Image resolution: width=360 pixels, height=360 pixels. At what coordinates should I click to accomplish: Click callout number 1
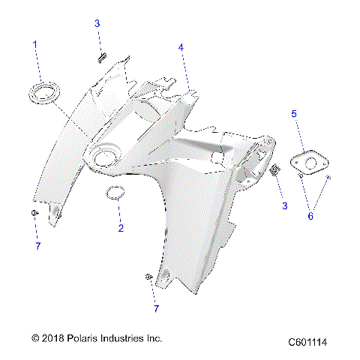34,45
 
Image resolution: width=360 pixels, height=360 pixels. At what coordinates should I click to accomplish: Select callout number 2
120,228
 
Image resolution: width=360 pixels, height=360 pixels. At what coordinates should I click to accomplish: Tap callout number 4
181,46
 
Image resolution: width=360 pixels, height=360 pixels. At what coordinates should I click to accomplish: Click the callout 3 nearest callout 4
97,25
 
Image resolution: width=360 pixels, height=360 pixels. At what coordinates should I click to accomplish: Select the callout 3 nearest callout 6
284,205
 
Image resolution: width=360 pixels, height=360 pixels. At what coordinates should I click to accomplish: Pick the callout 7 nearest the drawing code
156,308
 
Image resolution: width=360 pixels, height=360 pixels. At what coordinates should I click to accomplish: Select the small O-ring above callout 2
115,193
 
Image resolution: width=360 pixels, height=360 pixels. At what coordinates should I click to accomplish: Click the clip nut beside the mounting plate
275,170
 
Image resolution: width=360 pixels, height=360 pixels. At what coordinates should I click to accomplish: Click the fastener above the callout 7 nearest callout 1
34,215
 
